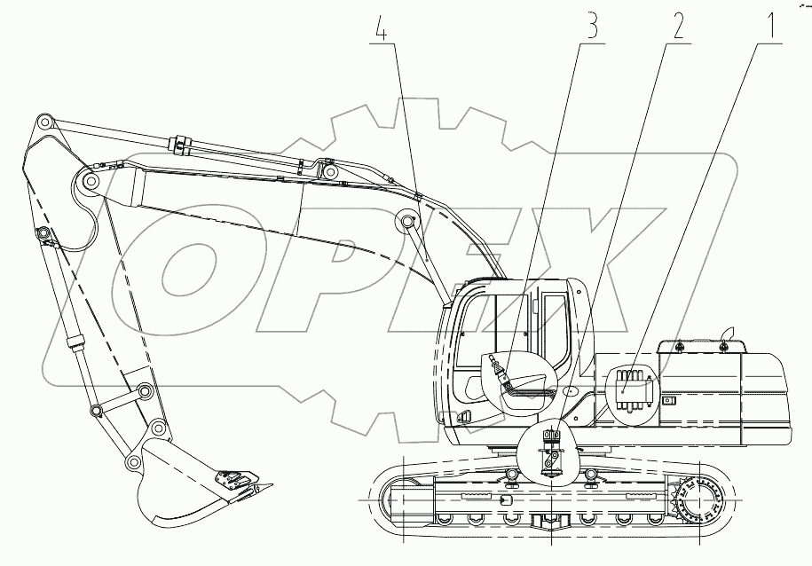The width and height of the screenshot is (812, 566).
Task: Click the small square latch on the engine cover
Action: [669, 400]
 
